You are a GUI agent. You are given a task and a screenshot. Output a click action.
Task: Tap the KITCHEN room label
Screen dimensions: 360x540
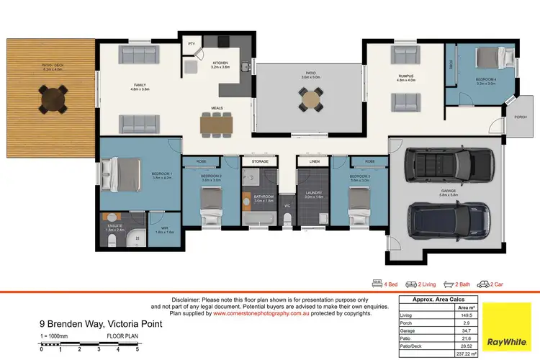(220, 64)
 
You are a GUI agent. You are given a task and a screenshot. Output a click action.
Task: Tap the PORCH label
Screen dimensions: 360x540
(520, 117)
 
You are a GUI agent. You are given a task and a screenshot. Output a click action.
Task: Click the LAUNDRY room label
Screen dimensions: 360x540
(312, 194)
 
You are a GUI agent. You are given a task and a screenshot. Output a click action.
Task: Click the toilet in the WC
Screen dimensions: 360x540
(287, 221)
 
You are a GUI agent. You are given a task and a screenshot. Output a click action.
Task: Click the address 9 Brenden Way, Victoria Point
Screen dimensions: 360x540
(102, 324)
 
